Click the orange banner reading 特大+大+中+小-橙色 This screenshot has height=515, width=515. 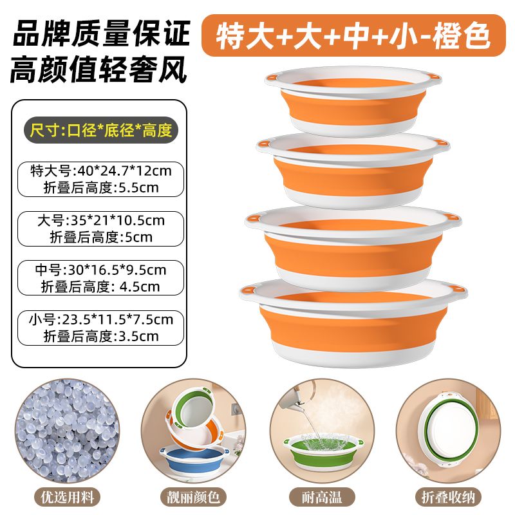(353, 35)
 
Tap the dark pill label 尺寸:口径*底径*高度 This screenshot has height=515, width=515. (101, 130)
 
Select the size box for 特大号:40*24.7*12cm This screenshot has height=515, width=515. (100, 180)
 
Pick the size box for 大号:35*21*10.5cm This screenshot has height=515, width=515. (100, 229)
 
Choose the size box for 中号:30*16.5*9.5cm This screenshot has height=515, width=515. (100, 278)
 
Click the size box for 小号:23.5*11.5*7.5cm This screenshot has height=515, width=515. (100, 328)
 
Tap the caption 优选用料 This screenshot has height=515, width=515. (68, 497)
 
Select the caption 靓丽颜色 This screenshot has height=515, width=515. (193, 497)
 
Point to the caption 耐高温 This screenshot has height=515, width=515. (322, 497)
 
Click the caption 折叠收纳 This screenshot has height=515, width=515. (448, 497)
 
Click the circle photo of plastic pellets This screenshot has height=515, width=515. (68, 431)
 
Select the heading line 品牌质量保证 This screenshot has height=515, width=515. (102, 33)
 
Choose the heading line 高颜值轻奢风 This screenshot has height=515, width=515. (99, 70)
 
